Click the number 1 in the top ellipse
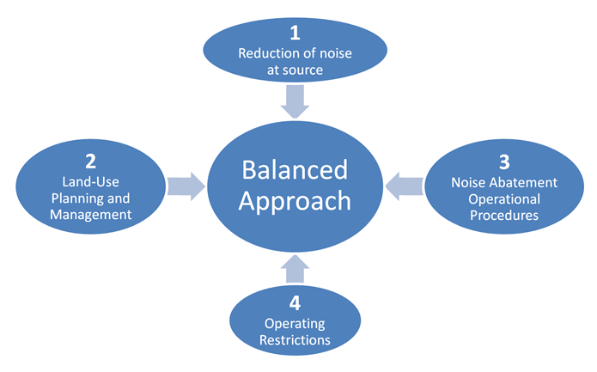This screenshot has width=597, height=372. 295,34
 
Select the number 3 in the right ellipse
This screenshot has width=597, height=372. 504,161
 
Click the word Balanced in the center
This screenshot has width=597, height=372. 295,168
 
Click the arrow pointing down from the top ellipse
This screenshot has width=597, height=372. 295,104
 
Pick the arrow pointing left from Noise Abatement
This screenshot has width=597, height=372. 405,184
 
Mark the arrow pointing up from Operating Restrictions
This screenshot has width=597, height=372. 295,269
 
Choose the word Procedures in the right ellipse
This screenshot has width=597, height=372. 504,216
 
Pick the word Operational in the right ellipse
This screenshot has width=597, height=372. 504,199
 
